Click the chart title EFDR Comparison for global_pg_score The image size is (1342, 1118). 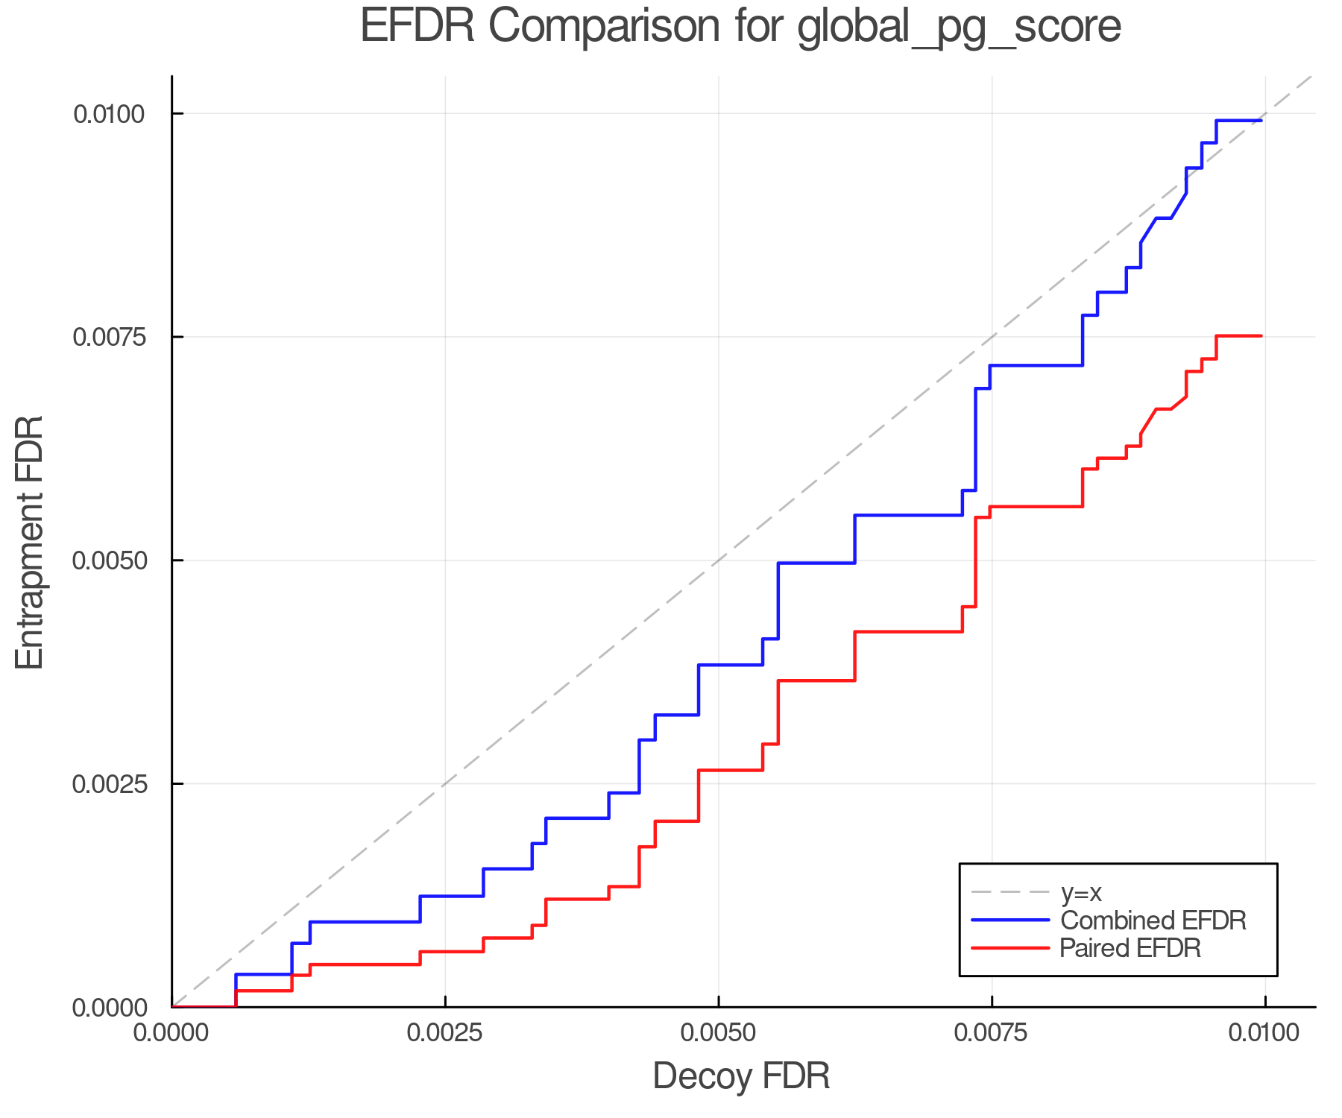[x=740, y=27]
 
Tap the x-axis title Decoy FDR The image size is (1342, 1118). [x=740, y=1076]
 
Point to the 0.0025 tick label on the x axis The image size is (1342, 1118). [x=445, y=1033]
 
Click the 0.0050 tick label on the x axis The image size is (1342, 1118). [x=718, y=1033]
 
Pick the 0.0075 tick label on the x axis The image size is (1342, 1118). [x=992, y=1033]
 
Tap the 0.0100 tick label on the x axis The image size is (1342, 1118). [x=1264, y=1033]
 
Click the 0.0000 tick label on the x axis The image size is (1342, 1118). [x=172, y=1033]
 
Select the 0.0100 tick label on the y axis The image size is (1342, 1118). [x=108, y=114]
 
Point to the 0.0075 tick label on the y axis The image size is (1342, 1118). [x=108, y=337]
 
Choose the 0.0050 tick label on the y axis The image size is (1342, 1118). [x=108, y=560]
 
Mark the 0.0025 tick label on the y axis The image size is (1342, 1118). [x=108, y=784]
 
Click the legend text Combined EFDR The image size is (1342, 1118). [x=1153, y=920]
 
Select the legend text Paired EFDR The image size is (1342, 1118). [x=1130, y=948]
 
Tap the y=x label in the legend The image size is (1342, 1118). [x=1081, y=892]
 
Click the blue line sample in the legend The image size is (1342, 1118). [x=1010, y=920]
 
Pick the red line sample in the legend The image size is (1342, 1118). [x=1010, y=948]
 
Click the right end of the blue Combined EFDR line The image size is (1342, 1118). [x=1261, y=120]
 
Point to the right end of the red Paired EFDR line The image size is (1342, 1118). [x=1261, y=336]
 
